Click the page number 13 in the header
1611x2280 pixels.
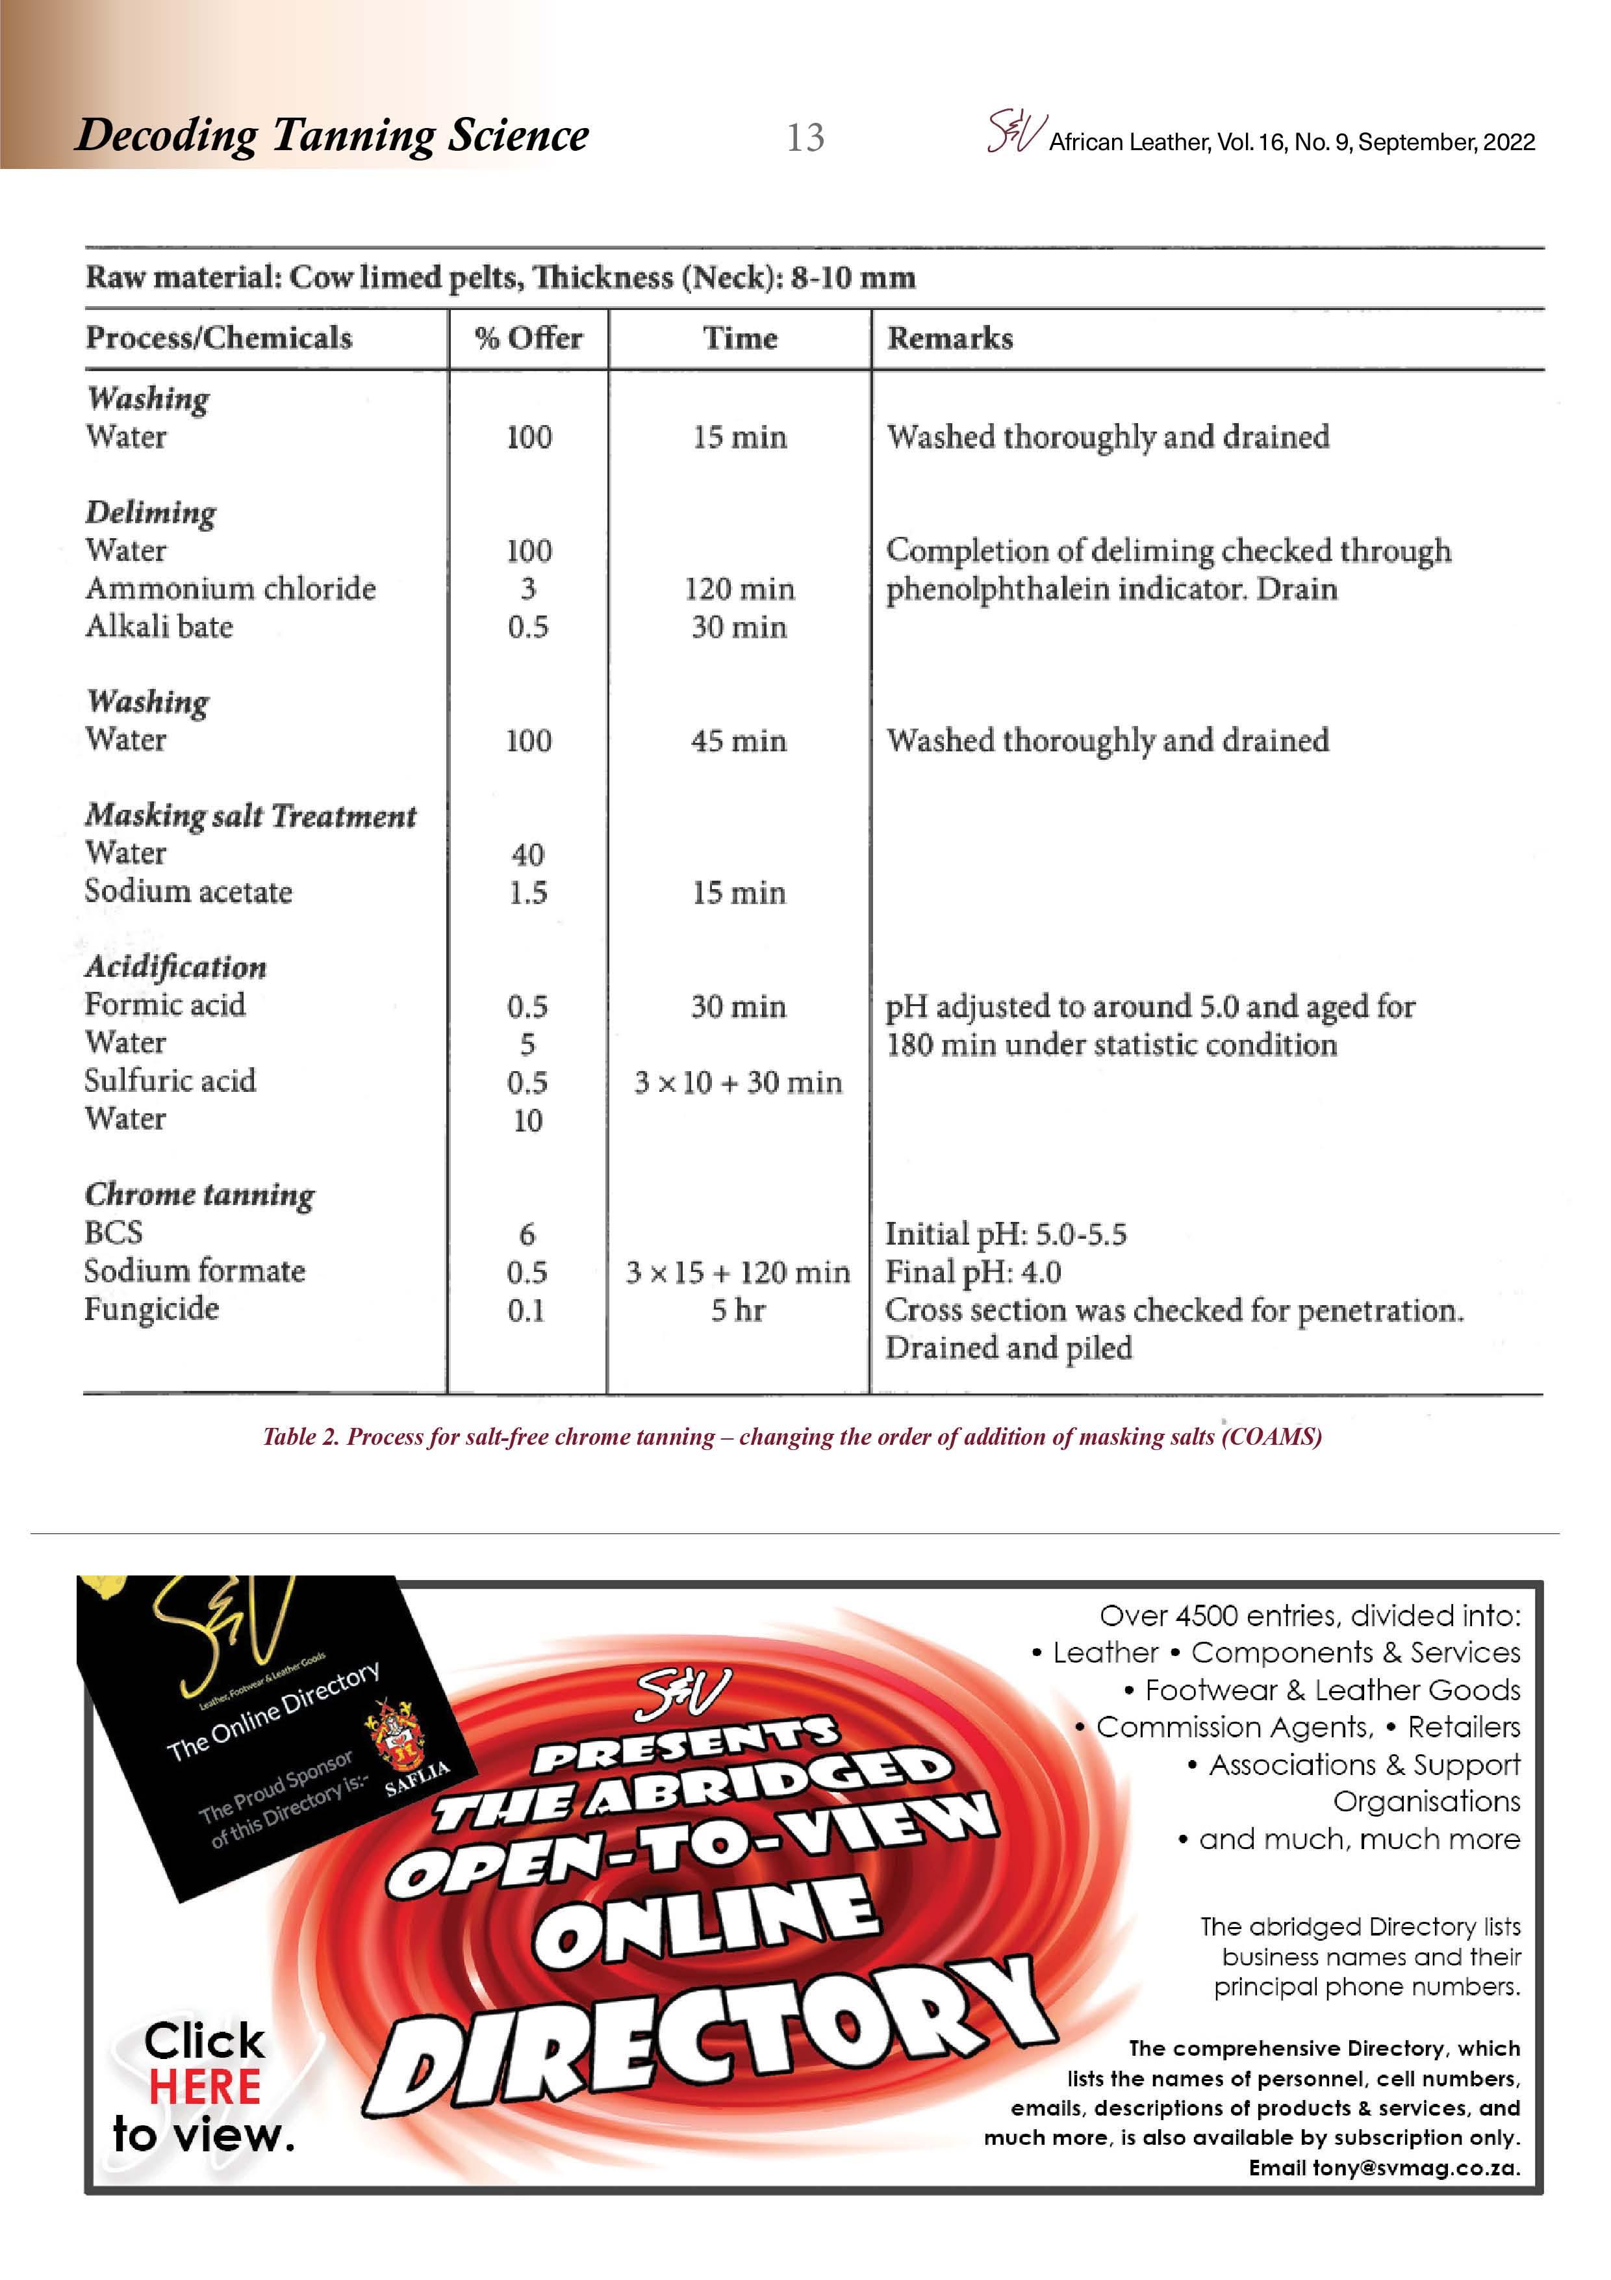pos(805,137)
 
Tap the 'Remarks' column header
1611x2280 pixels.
pos(950,339)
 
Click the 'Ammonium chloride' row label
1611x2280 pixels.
pos(231,588)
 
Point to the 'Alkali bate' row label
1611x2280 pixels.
pos(159,627)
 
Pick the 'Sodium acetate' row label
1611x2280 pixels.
pos(188,891)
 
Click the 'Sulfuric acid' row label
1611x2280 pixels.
pos(170,1080)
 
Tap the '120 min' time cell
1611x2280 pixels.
pos(739,589)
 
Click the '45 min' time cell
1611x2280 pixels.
pos(739,741)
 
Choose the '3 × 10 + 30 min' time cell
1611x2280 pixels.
pos(739,1082)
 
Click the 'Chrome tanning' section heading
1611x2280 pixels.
pos(199,1194)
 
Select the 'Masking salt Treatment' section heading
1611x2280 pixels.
pos(250,815)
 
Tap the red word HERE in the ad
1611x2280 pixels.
pos(205,2086)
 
